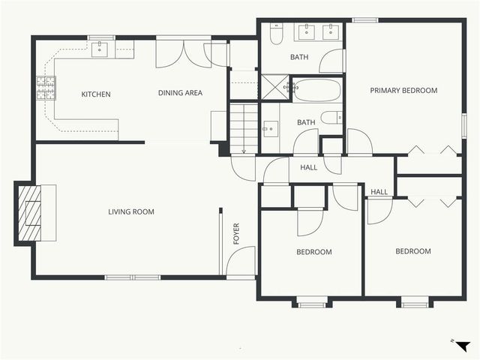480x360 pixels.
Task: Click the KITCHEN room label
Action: pyautogui.click(x=96, y=94)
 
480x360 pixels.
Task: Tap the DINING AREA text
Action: pyautogui.click(x=180, y=94)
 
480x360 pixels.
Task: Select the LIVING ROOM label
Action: pyautogui.click(x=131, y=212)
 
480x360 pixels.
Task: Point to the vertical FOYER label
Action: pyautogui.click(x=237, y=234)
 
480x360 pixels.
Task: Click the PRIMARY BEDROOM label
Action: pyautogui.click(x=403, y=91)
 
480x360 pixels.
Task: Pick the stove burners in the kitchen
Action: pyautogui.click(x=46, y=89)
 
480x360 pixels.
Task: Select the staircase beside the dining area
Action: pyautogui.click(x=243, y=124)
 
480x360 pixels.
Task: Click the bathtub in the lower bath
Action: pyautogui.click(x=316, y=91)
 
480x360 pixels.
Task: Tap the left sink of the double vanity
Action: pyautogui.click(x=306, y=31)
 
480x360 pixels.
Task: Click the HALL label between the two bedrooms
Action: pyautogui.click(x=379, y=192)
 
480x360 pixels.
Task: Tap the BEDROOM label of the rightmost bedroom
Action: pyautogui.click(x=413, y=251)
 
